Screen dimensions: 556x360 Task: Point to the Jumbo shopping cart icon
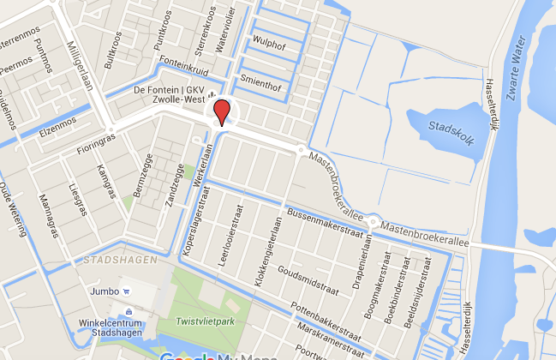coord(126,291)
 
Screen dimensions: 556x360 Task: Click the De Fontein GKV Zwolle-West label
coord(168,95)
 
